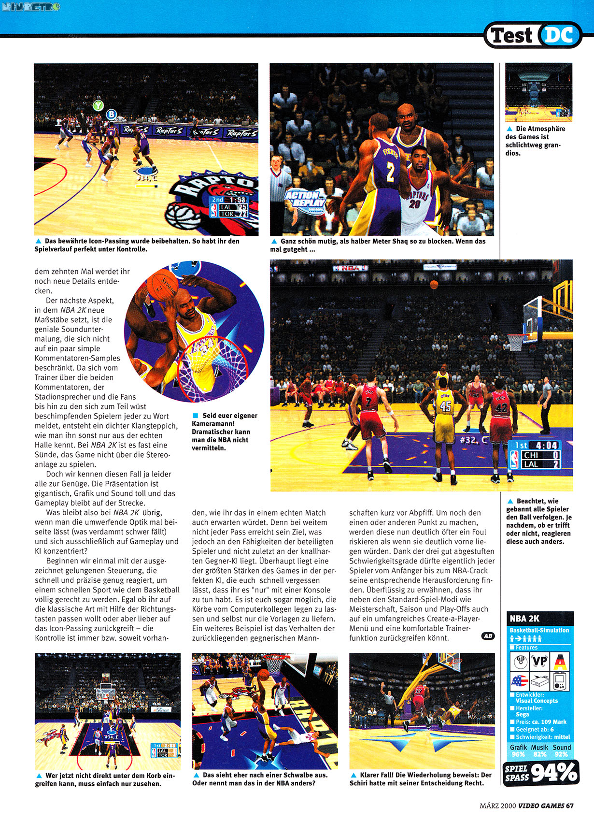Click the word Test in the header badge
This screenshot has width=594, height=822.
511,36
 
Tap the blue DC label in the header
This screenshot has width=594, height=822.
560,35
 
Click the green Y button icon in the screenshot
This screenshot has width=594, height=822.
99,105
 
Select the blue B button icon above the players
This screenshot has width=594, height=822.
112,115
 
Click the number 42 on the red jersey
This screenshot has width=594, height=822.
501,408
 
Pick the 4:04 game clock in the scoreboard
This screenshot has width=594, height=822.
543,445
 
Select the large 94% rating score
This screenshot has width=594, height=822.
554,772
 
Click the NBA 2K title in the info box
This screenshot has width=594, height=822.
524,619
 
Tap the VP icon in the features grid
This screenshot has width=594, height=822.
539,661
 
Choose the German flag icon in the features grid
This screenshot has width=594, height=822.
560,661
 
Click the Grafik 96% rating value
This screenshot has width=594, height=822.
518,754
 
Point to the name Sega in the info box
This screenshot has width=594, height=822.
522,714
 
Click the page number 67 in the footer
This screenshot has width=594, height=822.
570,805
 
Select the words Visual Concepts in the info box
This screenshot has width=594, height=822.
537,701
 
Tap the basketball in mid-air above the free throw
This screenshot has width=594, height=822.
434,284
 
